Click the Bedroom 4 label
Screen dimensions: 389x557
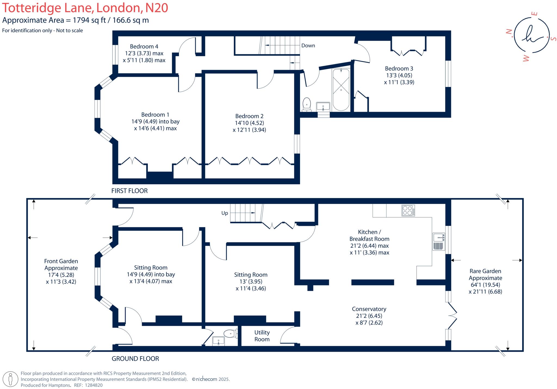pos(144,46)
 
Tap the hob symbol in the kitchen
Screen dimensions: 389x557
pos(408,211)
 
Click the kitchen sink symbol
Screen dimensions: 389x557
pos(439,237)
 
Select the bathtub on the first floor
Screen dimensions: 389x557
pos(341,90)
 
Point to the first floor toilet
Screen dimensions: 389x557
pos(307,105)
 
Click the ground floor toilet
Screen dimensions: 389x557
pos(231,333)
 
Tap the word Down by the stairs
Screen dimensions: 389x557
pos(308,46)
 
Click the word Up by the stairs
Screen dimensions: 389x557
pos(224,213)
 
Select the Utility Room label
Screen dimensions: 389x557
pos(262,336)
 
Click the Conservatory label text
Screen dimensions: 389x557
pos(369,309)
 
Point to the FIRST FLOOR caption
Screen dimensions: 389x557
pos(129,191)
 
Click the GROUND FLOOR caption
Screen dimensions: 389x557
pos(135,359)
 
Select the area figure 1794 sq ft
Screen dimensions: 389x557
pos(86,20)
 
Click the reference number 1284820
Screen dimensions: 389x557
pos(94,385)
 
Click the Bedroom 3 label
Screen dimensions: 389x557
pos(399,68)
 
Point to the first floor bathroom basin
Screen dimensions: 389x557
pos(323,106)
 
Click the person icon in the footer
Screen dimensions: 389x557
pos(11,379)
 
